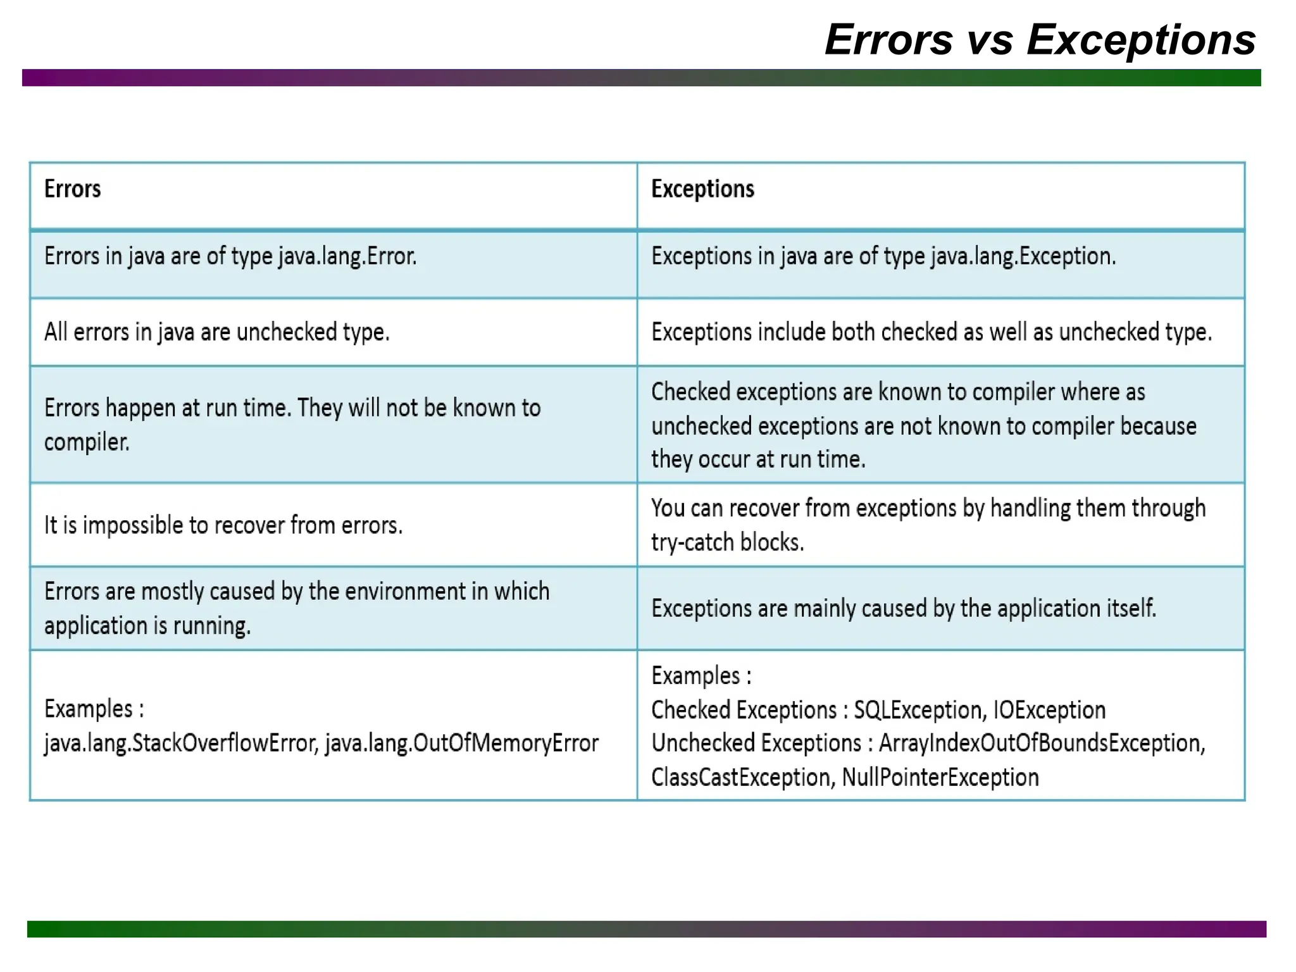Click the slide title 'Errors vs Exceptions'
(x=1040, y=40)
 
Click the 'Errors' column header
(x=72, y=189)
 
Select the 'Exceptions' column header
(x=702, y=189)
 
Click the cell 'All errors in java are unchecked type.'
(x=216, y=332)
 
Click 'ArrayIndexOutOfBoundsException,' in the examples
(x=1042, y=744)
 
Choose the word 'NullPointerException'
(x=940, y=777)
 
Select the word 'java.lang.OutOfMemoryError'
(x=461, y=744)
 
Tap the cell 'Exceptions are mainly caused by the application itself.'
(x=903, y=609)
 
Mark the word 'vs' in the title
(x=989, y=40)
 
